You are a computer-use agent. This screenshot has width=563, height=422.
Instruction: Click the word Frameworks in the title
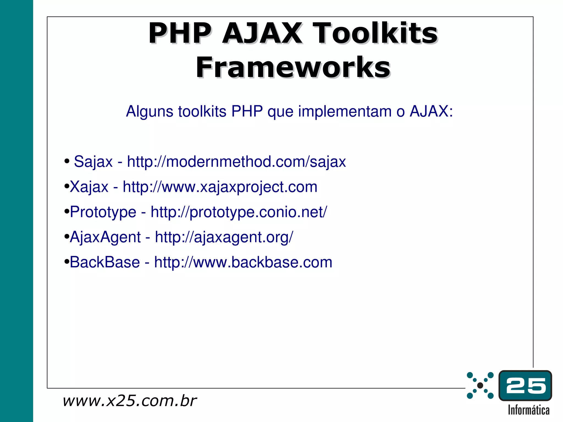click(x=293, y=67)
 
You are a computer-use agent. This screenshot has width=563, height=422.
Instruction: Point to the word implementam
click(x=345, y=112)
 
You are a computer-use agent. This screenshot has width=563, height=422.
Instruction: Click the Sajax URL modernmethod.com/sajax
click(x=236, y=162)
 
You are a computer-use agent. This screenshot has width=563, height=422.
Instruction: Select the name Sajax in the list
click(x=93, y=162)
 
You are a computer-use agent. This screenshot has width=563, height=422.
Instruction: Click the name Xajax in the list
click(x=89, y=187)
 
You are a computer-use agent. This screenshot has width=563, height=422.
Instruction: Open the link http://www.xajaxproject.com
click(x=220, y=187)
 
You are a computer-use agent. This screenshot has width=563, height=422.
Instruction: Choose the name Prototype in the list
click(x=103, y=212)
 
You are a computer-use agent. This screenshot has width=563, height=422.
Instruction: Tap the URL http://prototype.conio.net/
click(x=239, y=212)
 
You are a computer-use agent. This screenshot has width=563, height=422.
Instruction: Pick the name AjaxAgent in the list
click(x=105, y=237)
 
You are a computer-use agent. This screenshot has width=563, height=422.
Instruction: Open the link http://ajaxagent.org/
click(x=224, y=237)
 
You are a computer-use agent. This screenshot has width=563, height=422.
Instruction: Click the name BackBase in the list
click(x=105, y=262)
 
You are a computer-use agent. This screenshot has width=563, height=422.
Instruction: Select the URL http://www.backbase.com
click(x=243, y=262)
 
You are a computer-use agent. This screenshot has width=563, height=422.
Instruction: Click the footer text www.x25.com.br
click(x=129, y=401)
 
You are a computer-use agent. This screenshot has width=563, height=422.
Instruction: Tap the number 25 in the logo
click(x=525, y=385)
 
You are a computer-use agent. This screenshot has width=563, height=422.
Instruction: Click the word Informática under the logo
click(x=528, y=410)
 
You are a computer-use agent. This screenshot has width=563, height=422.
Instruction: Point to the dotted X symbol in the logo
click(x=480, y=385)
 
